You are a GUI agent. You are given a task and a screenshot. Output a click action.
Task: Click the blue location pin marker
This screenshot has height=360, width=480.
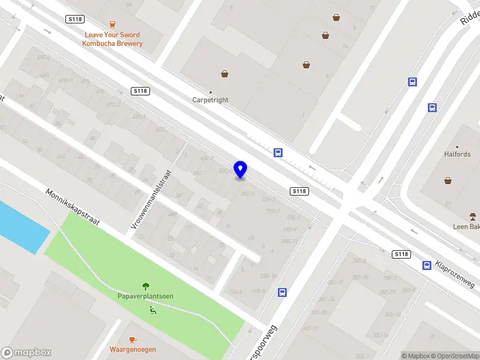(241, 169)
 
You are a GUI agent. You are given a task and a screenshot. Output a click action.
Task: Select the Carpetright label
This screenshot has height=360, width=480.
(210, 100)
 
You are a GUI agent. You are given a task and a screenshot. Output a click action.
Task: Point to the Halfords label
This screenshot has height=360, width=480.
(457, 154)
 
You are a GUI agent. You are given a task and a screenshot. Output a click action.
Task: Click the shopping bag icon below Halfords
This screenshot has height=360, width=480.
(448, 180)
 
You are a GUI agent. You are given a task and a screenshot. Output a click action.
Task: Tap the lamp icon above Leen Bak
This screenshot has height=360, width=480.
(473, 216)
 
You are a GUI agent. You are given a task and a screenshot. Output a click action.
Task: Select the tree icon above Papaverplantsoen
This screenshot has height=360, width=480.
(145, 286)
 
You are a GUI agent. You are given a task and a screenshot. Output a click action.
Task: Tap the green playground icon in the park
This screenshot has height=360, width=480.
(152, 310)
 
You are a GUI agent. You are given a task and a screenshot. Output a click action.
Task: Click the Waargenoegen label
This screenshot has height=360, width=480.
(133, 349)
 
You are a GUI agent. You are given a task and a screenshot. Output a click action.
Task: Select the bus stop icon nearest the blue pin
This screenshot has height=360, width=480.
(278, 152)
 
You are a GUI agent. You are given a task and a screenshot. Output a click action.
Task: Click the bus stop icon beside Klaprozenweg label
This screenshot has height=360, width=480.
(427, 265)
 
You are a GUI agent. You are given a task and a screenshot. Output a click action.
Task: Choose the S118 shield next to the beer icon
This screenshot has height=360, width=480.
(75, 20)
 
